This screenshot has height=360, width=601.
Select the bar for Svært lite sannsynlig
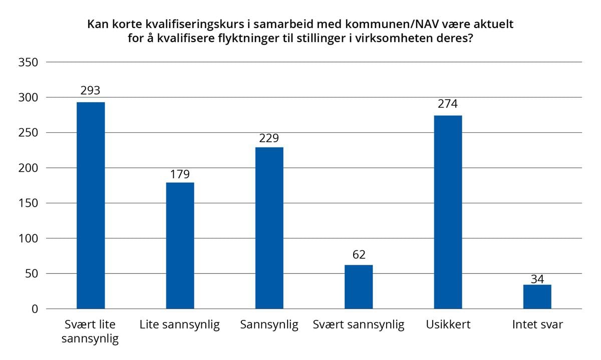[x=91, y=205]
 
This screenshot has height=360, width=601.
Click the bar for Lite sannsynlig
[x=180, y=245]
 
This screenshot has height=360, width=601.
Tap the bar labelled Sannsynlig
[x=269, y=228]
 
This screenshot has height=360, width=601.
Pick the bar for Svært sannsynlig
[x=359, y=286]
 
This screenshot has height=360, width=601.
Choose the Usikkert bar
[x=448, y=212]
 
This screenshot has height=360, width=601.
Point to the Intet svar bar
[x=537, y=296]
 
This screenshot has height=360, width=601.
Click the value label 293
[x=91, y=91]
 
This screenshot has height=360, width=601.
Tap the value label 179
[x=180, y=174]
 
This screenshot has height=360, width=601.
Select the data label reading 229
[x=269, y=139]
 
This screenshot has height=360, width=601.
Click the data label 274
[x=448, y=104]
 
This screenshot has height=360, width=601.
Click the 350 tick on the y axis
[x=29, y=63]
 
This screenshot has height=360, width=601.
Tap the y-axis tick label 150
[x=29, y=203]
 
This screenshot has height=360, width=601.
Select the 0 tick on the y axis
[x=35, y=309]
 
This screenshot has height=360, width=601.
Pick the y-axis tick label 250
[x=29, y=133]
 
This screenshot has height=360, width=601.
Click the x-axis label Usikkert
[x=448, y=325]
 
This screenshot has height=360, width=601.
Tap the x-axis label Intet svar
[x=537, y=325]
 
